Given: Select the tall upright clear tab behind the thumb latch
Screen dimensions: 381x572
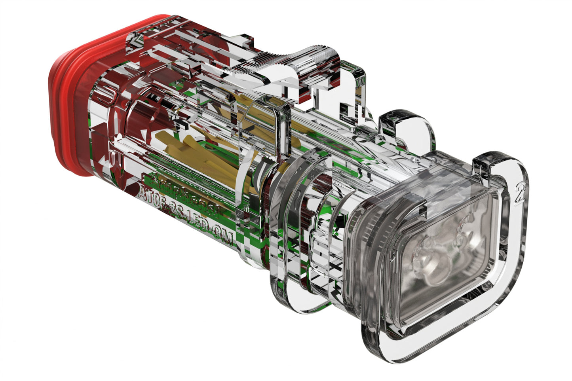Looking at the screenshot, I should pyautogui.click(x=352, y=87).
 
